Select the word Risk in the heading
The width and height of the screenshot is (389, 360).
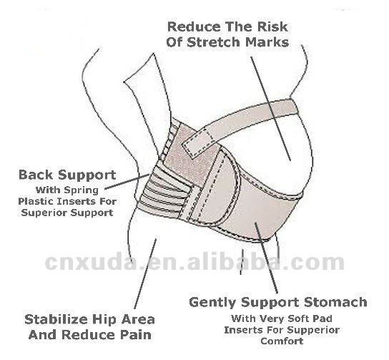pos(272,26)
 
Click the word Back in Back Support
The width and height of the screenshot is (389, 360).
pos(36,175)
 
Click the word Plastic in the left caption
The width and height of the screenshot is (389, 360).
pos(36,201)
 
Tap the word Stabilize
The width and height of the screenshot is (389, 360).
pos(56,319)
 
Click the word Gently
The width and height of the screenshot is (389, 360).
pos(212,303)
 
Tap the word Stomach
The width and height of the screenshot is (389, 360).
pos(335,302)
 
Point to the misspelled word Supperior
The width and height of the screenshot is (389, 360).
pos(314,331)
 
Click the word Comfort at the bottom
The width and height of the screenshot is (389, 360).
pos(282,341)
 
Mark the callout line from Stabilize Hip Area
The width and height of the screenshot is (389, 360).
pos(145,273)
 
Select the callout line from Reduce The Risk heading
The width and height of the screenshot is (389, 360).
pos(270,109)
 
